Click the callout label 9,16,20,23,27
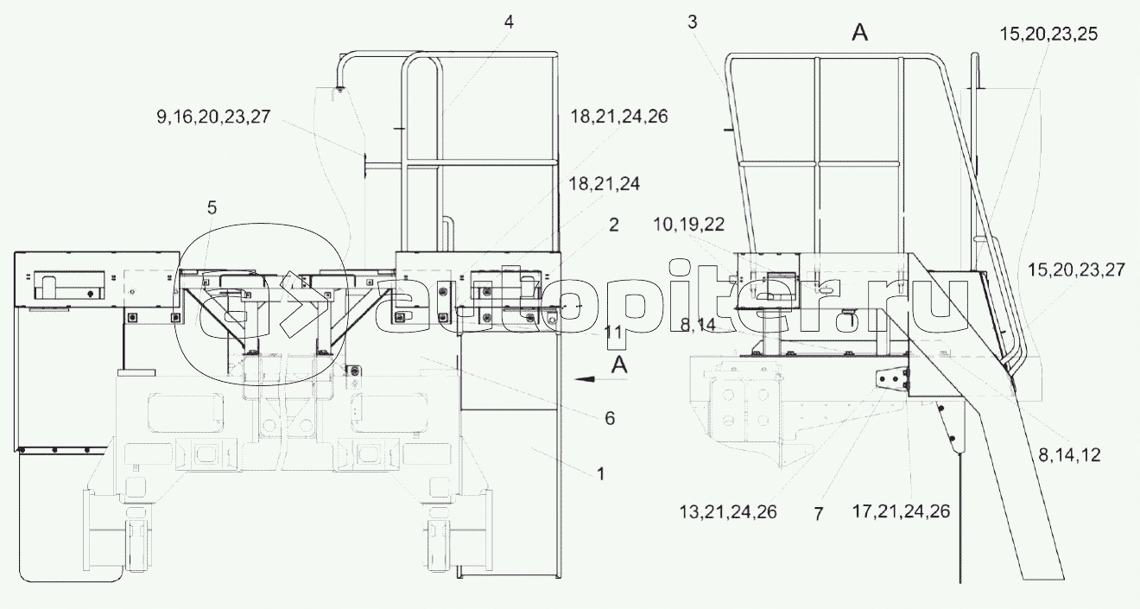coord(213,117)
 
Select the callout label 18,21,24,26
coord(618,117)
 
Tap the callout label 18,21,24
coord(604,184)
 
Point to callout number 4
coord(509,22)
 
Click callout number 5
coord(212,208)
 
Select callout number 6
coord(610,419)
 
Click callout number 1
coord(600,473)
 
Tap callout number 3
coord(692,22)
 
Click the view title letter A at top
coord(859,33)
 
